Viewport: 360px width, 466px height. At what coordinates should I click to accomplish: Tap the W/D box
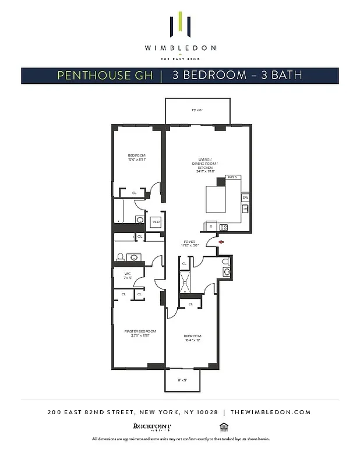(156, 222)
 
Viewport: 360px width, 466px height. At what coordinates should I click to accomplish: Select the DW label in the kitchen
(245, 198)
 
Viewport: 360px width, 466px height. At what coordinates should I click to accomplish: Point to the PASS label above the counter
(232, 177)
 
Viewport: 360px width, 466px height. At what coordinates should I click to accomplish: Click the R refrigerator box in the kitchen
(210, 226)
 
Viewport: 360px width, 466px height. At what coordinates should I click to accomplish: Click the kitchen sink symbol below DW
(245, 209)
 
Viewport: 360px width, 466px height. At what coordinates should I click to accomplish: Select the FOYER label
(189, 241)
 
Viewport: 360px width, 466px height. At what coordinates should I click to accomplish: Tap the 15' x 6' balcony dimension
(196, 110)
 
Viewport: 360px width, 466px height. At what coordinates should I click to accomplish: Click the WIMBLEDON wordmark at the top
(180, 48)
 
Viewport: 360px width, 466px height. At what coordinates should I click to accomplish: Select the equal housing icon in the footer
(222, 426)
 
